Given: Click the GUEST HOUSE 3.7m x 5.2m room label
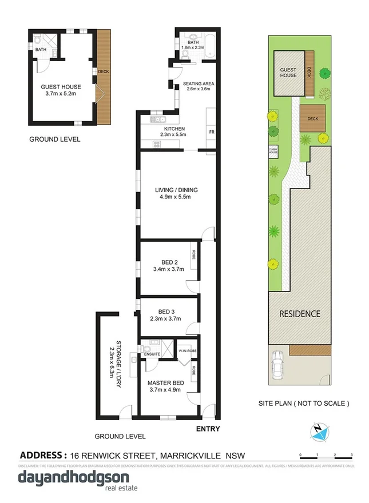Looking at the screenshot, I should [x=61, y=90].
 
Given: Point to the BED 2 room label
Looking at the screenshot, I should [x=166, y=265].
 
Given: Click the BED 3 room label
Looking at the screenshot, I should [x=166, y=314].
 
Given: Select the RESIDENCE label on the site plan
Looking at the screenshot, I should [x=299, y=314].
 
